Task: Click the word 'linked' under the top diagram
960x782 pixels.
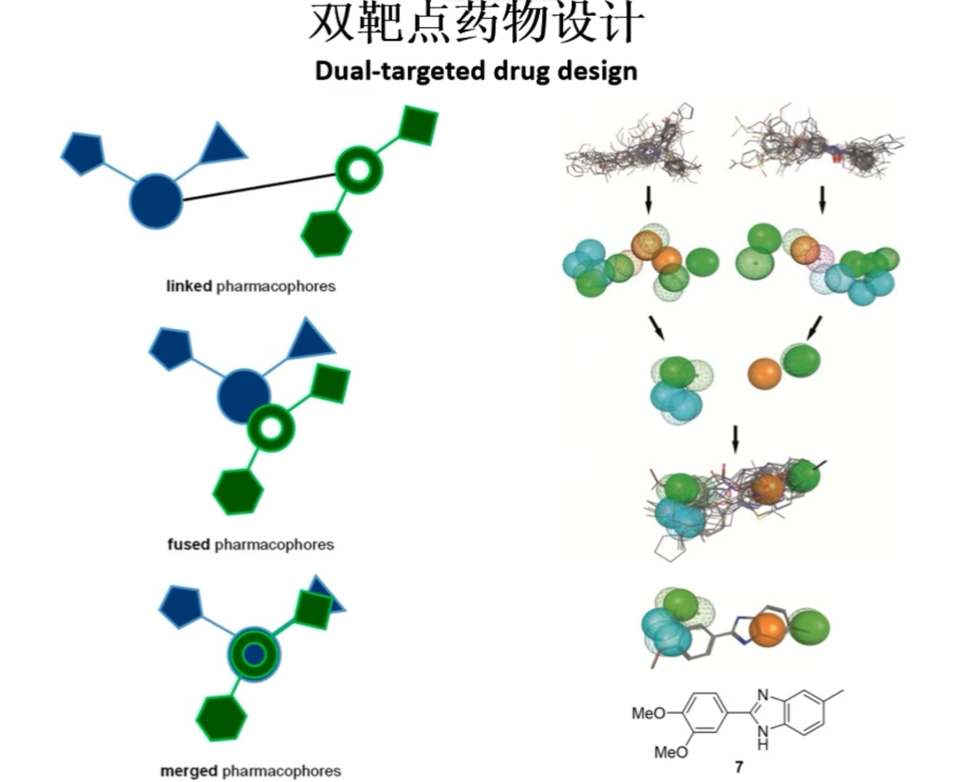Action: pyautogui.click(x=190, y=286)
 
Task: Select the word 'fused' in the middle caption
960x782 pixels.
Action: pyautogui.click(x=189, y=544)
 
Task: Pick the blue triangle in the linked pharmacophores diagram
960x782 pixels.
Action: pyautogui.click(x=221, y=144)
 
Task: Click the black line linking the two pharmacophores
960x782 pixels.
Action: pyautogui.click(x=259, y=188)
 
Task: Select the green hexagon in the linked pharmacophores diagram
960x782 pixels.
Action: pyautogui.click(x=326, y=233)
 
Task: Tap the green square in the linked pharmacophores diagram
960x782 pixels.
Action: pyautogui.click(x=418, y=126)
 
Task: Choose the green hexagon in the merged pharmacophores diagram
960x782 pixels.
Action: pyautogui.click(x=221, y=719)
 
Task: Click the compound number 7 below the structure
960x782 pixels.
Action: pyautogui.click(x=739, y=767)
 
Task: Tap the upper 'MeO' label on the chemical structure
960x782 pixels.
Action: pyautogui.click(x=649, y=713)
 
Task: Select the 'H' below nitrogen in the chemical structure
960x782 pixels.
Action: pyautogui.click(x=762, y=745)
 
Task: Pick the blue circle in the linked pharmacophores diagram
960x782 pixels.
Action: pyautogui.click(x=156, y=202)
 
